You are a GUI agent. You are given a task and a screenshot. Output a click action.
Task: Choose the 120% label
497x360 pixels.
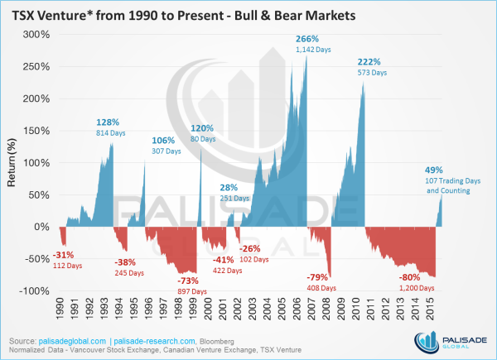[202, 128]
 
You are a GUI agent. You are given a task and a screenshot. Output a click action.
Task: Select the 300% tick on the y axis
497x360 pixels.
[36, 34]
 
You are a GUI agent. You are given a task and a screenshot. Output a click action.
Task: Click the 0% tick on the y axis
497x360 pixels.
[43, 227]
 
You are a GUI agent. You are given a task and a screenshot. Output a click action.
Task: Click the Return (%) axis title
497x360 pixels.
[12, 163]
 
